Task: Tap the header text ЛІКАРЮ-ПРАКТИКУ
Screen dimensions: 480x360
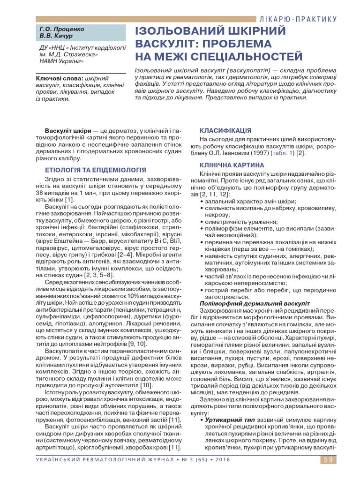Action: pyautogui.click(x=298, y=19)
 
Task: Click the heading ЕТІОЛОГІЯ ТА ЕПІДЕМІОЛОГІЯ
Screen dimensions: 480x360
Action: pyautogui.click(x=95, y=170)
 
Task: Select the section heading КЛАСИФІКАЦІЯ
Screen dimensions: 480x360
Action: pyautogui.click(x=225, y=130)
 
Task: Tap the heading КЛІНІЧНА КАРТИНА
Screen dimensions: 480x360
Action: pyautogui.click(x=232, y=165)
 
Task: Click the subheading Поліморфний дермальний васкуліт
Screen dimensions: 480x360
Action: pyautogui.click(x=252, y=304)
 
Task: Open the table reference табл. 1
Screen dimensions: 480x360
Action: pyautogui.click(x=284, y=153)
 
